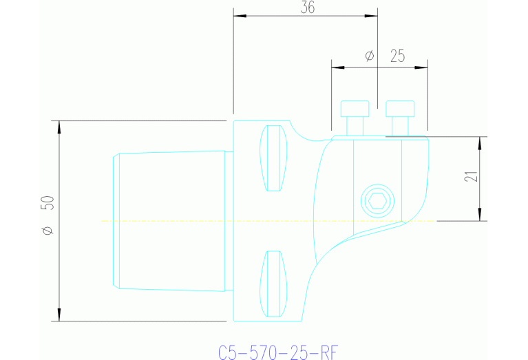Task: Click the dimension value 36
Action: pyautogui.click(x=308, y=8)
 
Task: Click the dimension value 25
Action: pyautogui.click(x=397, y=56)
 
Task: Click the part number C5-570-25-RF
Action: pyautogui.click(x=278, y=353)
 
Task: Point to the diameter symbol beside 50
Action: pyautogui.click(x=47, y=231)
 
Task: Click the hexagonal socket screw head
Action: pyautogui.click(x=377, y=201)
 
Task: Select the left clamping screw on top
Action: pyautogui.click(x=355, y=117)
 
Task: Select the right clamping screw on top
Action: pyautogui.click(x=400, y=117)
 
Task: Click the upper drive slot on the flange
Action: pyautogui.click(x=273, y=158)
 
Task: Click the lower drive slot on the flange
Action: pyautogui.click(x=273, y=284)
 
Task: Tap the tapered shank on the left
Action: pyautogui.click(x=170, y=221)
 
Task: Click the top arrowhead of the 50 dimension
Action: pyautogui.click(x=60, y=125)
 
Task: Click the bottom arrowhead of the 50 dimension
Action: pyautogui.click(x=60, y=317)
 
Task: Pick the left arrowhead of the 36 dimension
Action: pyautogui.click(x=238, y=16)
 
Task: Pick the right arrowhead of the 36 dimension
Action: pyautogui.click(x=372, y=16)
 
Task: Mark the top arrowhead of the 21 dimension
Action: pyautogui.click(x=479, y=141)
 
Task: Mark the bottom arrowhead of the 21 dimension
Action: pyautogui.click(x=479, y=217)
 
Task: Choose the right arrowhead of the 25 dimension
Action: pyautogui.click(x=423, y=67)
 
